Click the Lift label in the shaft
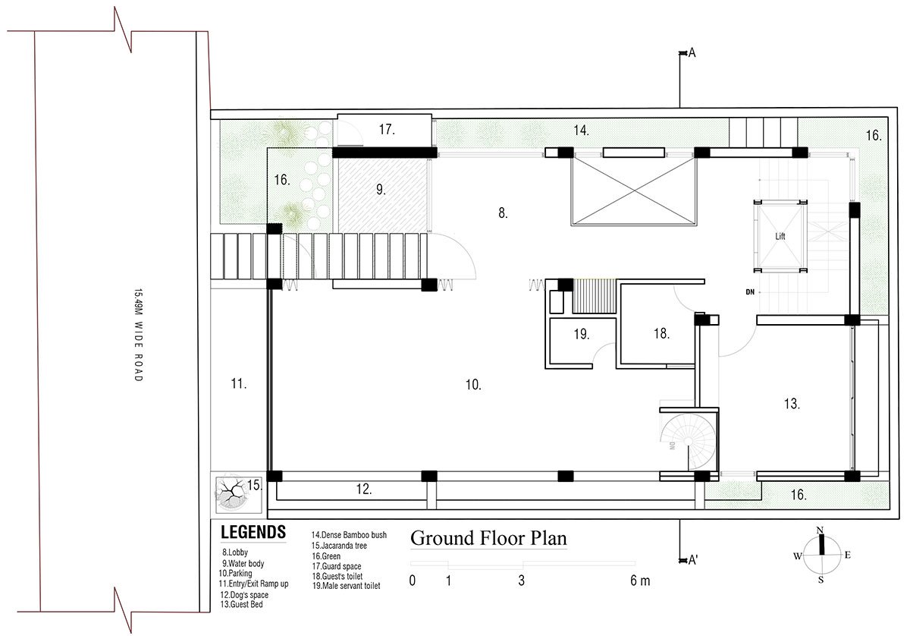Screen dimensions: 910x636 pos(780,236)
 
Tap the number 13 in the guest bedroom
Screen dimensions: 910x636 pos(792,404)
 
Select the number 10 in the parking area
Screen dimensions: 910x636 pos(473,384)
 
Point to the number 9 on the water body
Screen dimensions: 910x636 pos(381,189)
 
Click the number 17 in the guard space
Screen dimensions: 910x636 pos(387,129)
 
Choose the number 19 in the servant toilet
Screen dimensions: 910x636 pos(582,334)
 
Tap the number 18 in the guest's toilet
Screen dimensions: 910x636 pos(661,333)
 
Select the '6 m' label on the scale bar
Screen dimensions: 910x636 pos(640,581)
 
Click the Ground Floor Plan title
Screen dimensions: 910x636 pos(488,538)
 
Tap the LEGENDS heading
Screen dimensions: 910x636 pos(253,532)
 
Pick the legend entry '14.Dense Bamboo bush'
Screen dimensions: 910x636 pos(349,535)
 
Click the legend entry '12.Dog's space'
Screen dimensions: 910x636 pos(244,594)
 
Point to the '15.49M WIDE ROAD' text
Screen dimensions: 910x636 pos(139,335)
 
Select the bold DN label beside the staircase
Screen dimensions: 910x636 pos(750,292)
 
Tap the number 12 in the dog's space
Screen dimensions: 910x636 pos(363,489)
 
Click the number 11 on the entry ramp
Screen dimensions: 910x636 pos(238,383)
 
